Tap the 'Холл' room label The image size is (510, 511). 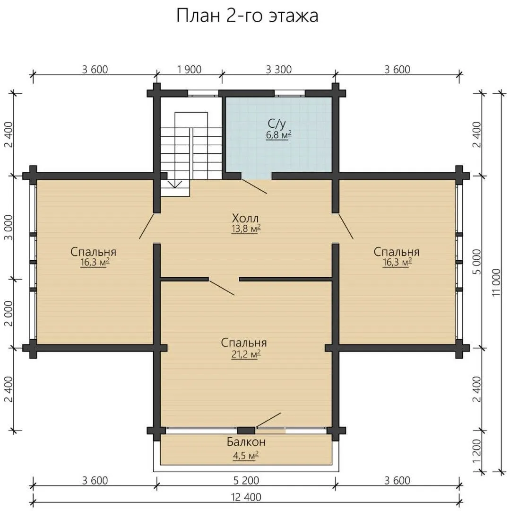click(245, 218)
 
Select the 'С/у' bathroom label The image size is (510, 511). click(277, 123)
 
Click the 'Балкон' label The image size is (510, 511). click(246, 442)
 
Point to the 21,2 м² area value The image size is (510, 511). click(246, 354)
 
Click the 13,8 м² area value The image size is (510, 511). click(246, 229)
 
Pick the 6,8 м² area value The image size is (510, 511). click(278, 135)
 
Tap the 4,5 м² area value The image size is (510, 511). click(246, 455)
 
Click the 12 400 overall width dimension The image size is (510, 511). click(246, 497)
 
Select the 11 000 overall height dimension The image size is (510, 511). click(496, 282)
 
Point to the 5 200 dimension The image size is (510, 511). click(246, 481)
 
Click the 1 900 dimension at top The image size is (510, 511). click(190, 70)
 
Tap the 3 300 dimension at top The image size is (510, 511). click(279, 70)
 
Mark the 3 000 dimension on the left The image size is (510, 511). click(9, 227)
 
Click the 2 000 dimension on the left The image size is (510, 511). click(9, 313)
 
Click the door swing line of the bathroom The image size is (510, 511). click(255, 186)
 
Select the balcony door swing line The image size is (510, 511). click(268, 420)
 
